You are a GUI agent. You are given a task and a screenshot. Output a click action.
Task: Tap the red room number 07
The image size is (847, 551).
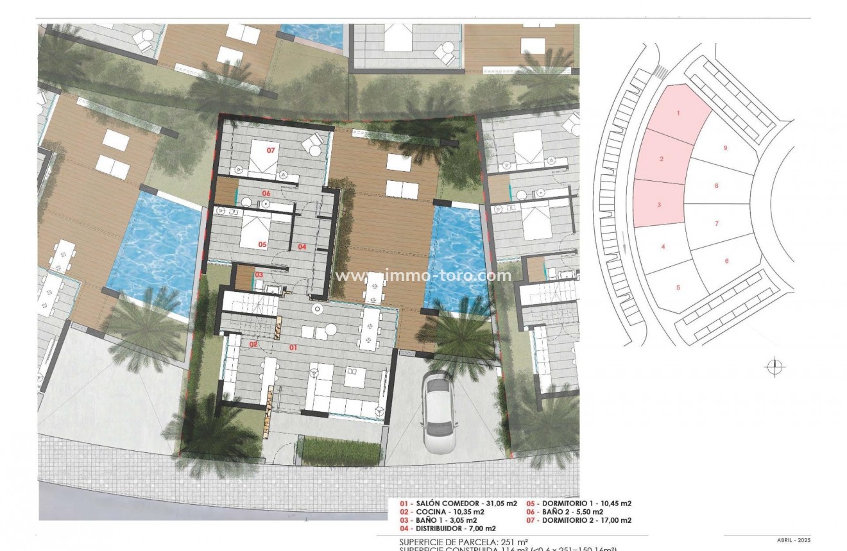click(271, 150)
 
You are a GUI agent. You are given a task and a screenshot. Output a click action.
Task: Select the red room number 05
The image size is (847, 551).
click(262, 244)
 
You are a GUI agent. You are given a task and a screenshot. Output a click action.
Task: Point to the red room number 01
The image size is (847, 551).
click(293, 347)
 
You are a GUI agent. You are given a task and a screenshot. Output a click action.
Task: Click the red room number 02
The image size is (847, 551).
click(253, 344)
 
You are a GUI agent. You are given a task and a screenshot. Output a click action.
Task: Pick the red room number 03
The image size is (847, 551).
click(259, 275)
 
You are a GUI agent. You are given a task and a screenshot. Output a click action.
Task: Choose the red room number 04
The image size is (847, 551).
click(302, 246)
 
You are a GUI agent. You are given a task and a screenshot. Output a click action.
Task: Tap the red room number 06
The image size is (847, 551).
click(265, 192)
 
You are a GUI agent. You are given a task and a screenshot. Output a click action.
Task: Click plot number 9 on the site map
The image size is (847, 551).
click(725, 148)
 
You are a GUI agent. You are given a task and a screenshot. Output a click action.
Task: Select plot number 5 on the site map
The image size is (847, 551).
click(678, 287)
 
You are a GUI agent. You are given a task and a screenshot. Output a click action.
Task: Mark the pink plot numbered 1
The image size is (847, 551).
click(678, 113)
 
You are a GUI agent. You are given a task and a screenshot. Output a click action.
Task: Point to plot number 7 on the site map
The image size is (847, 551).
click(717, 224)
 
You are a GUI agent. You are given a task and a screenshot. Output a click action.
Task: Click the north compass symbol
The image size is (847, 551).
click(775, 367)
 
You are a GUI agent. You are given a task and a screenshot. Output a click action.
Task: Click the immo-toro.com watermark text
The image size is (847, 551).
click(424, 276)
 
